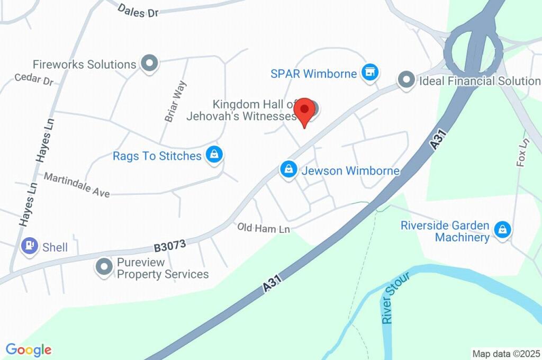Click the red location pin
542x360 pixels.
coord(304,111)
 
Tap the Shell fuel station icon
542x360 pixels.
coord(29,246)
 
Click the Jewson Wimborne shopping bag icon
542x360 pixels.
coord(288,170)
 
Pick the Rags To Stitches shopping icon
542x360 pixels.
coord(214,155)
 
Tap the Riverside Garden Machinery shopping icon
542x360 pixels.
coord(501,230)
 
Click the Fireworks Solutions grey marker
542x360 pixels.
coord(149,64)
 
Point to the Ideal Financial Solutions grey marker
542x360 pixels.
coord(406,80)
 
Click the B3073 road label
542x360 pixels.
coord(170,245)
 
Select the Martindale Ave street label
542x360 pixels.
coord(77,185)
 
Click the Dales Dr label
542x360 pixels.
coord(138,11)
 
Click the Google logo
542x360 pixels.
coord(29,349)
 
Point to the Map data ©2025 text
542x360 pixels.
coord(506,354)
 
